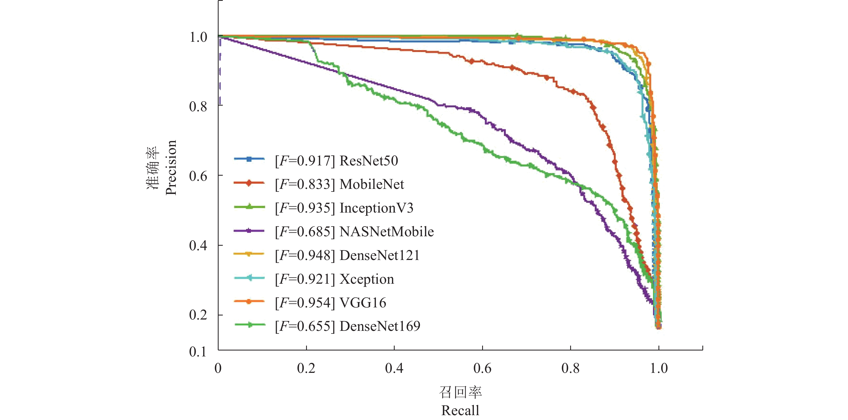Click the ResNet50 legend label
[x=369, y=161]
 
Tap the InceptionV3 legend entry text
[x=376, y=208]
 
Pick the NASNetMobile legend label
[x=387, y=232]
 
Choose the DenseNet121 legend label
[x=380, y=256]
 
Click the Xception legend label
[x=367, y=279]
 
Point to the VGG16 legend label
[x=363, y=303]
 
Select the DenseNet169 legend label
[x=380, y=327]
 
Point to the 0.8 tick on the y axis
[x=198, y=106]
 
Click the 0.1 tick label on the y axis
[x=198, y=352]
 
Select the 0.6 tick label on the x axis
[x=482, y=368]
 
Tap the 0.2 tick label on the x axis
[x=306, y=368]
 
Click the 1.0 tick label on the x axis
[x=658, y=368]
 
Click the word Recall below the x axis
[x=460, y=411]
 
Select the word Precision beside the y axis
[x=171, y=168]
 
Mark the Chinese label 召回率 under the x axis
[x=460, y=392]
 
